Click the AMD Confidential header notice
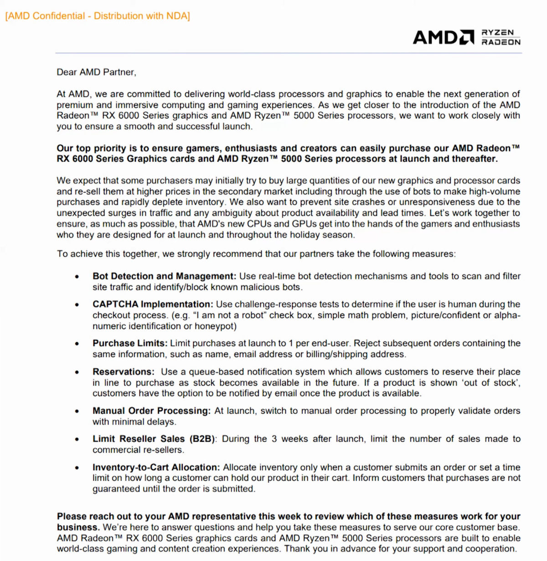coord(98,16)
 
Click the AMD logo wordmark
coord(443,37)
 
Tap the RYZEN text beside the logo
coord(498,32)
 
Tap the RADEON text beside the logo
coord(501,42)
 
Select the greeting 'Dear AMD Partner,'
coord(96,72)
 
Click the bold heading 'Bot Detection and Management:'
coord(164,276)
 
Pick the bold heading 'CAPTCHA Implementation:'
coord(153,304)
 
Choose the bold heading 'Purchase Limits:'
coord(130,343)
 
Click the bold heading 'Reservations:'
coord(124,372)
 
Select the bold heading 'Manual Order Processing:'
coord(151,411)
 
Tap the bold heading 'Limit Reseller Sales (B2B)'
coord(155,439)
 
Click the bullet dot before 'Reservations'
coord(77,372)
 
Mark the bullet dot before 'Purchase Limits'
coord(77,344)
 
